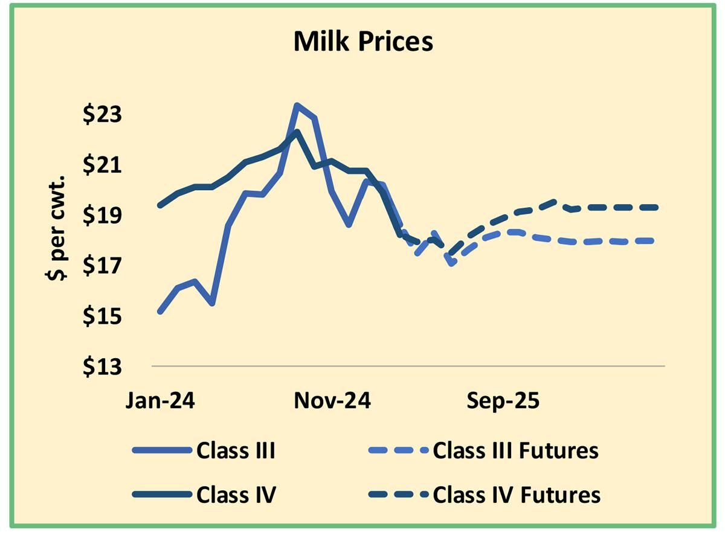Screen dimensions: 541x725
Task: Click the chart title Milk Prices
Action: click(363, 42)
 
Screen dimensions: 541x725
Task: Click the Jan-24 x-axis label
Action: click(160, 401)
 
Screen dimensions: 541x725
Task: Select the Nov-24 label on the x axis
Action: click(332, 401)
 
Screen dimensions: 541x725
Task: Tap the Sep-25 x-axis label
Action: click(503, 401)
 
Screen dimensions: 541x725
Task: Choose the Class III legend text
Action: click(236, 450)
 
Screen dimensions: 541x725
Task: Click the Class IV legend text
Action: click(236, 495)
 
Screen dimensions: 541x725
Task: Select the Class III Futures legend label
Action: click(515, 450)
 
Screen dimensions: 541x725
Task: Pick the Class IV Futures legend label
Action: click(517, 495)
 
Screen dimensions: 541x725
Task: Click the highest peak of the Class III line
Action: click(297, 105)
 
